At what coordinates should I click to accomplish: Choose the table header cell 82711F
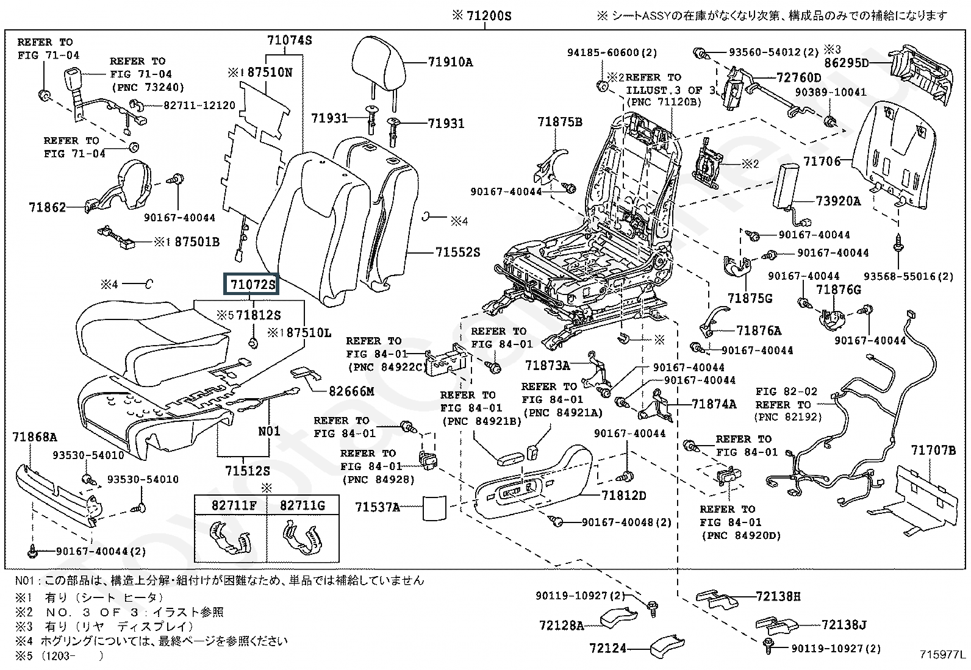230,505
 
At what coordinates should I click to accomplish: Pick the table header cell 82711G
303,505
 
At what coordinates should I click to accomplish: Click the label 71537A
378,507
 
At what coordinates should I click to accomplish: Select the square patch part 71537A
435,507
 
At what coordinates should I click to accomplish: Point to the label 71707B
933,451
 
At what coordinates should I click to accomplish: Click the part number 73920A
839,201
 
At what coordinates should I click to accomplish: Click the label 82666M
351,391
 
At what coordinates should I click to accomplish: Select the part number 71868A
35,437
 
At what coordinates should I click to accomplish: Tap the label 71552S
458,252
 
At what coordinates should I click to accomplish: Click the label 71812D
623,495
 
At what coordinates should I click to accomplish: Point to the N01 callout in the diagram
269,431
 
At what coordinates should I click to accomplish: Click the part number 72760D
799,77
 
